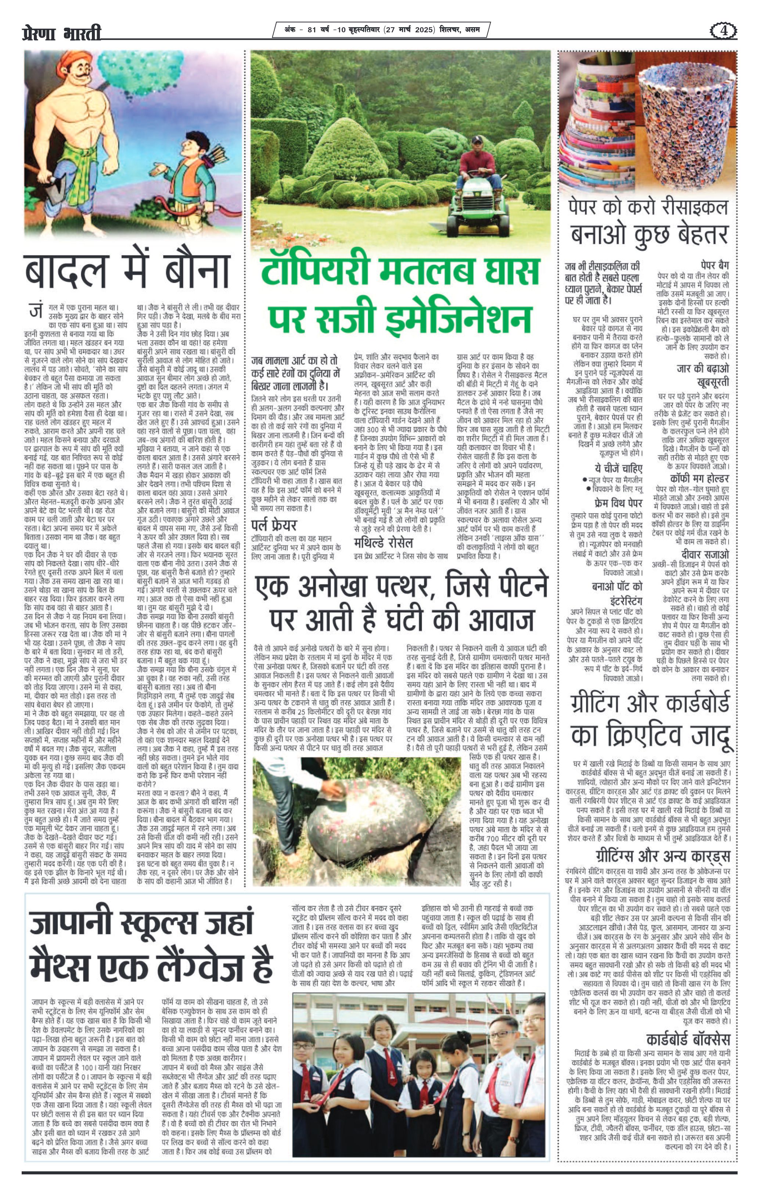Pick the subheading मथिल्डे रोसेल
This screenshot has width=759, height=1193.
coord(384,543)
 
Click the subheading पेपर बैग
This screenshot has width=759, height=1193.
coord(715,265)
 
